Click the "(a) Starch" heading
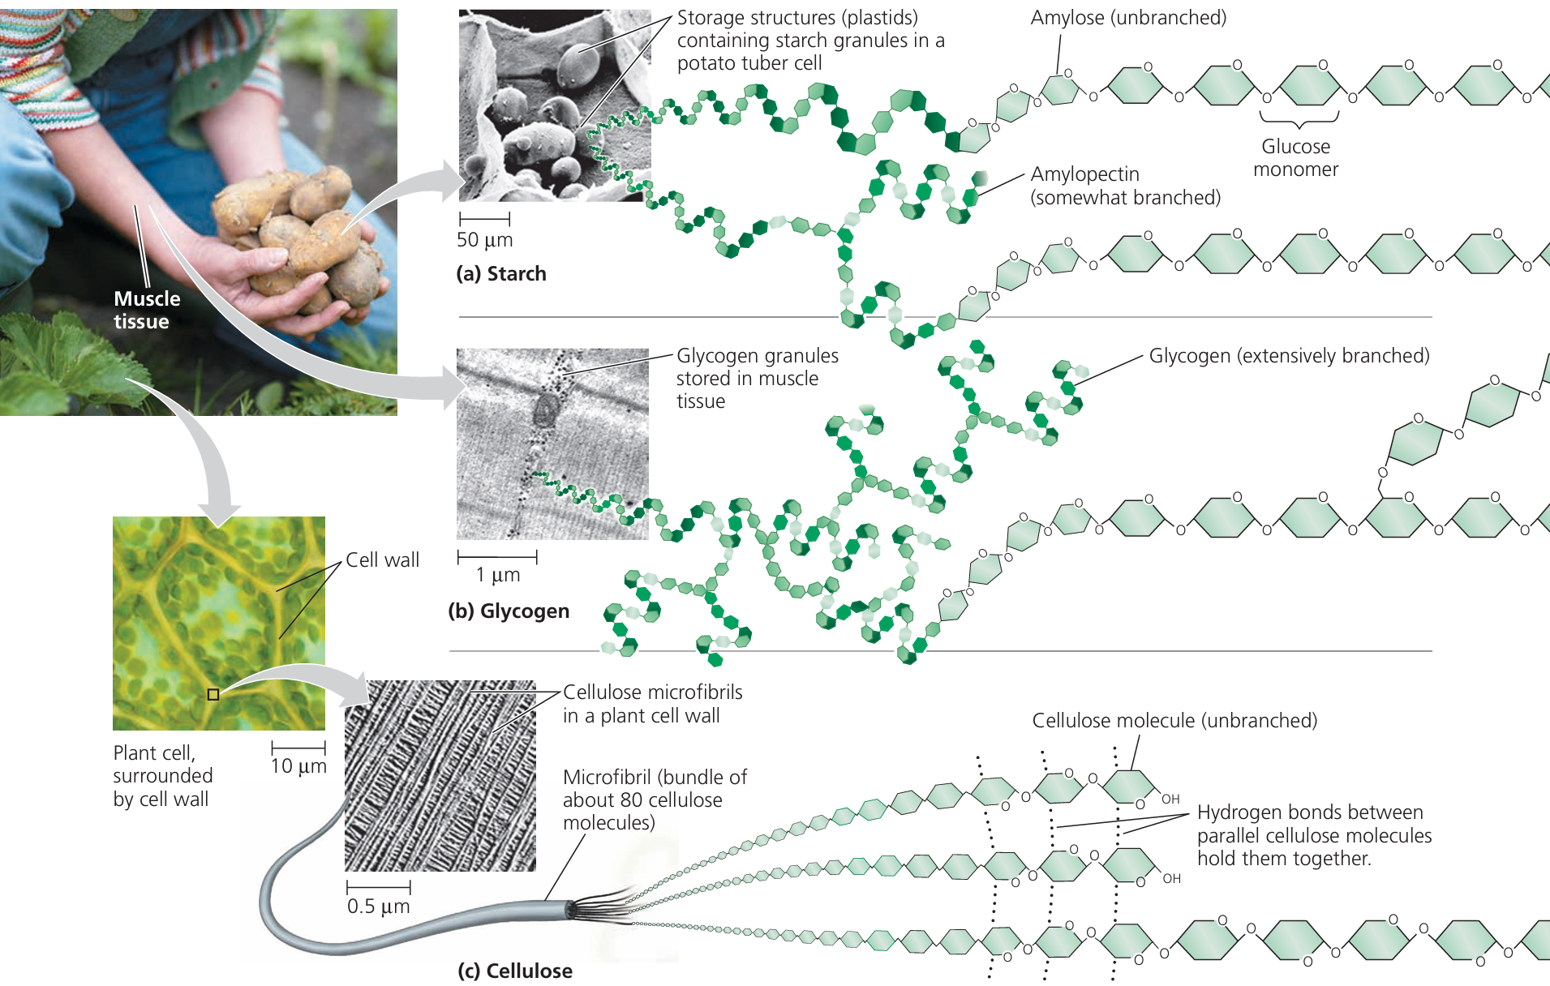[x=501, y=274]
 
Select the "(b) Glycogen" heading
[x=509, y=611]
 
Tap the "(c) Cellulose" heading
[x=515, y=971]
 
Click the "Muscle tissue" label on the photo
[x=146, y=310]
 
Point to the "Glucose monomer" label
[x=1295, y=158]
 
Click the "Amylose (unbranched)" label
[x=1128, y=18]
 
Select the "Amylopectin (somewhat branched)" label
[x=1125, y=186]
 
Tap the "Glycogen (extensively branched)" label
[x=1289, y=356]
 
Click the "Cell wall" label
[x=382, y=560]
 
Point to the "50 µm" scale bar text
[x=484, y=240]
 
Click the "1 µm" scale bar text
[x=497, y=575]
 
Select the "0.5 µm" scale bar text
[x=378, y=907]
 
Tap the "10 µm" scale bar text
[x=298, y=766]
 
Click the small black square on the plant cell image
[x=213, y=694]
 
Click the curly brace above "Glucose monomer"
[x=1299, y=121]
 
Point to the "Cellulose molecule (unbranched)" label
[x=1174, y=721]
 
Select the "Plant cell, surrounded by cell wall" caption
[x=162, y=776]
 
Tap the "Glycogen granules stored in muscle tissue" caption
[x=757, y=379]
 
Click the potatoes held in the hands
[x=308, y=235]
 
